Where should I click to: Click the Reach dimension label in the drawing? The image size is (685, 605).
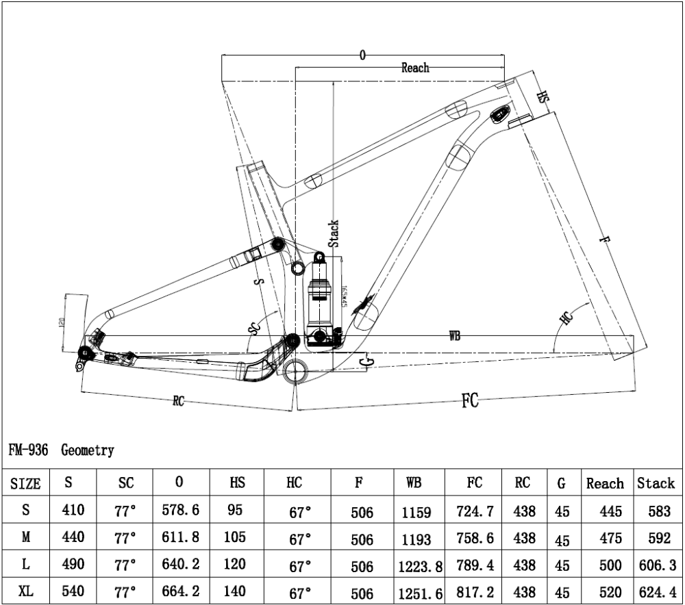[415, 68]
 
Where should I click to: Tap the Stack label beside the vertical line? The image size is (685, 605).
[334, 233]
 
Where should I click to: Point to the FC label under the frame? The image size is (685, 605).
[469, 401]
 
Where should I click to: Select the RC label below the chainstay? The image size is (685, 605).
[179, 402]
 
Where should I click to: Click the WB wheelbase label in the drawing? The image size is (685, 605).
[454, 336]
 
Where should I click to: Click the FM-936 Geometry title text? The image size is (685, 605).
[62, 450]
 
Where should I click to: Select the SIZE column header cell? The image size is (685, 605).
[26, 484]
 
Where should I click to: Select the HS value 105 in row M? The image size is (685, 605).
[234, 537]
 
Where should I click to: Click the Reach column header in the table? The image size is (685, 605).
[605, 484]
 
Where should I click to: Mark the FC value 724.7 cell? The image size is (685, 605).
[474, 511]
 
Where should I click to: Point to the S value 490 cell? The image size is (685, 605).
[68, 565]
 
